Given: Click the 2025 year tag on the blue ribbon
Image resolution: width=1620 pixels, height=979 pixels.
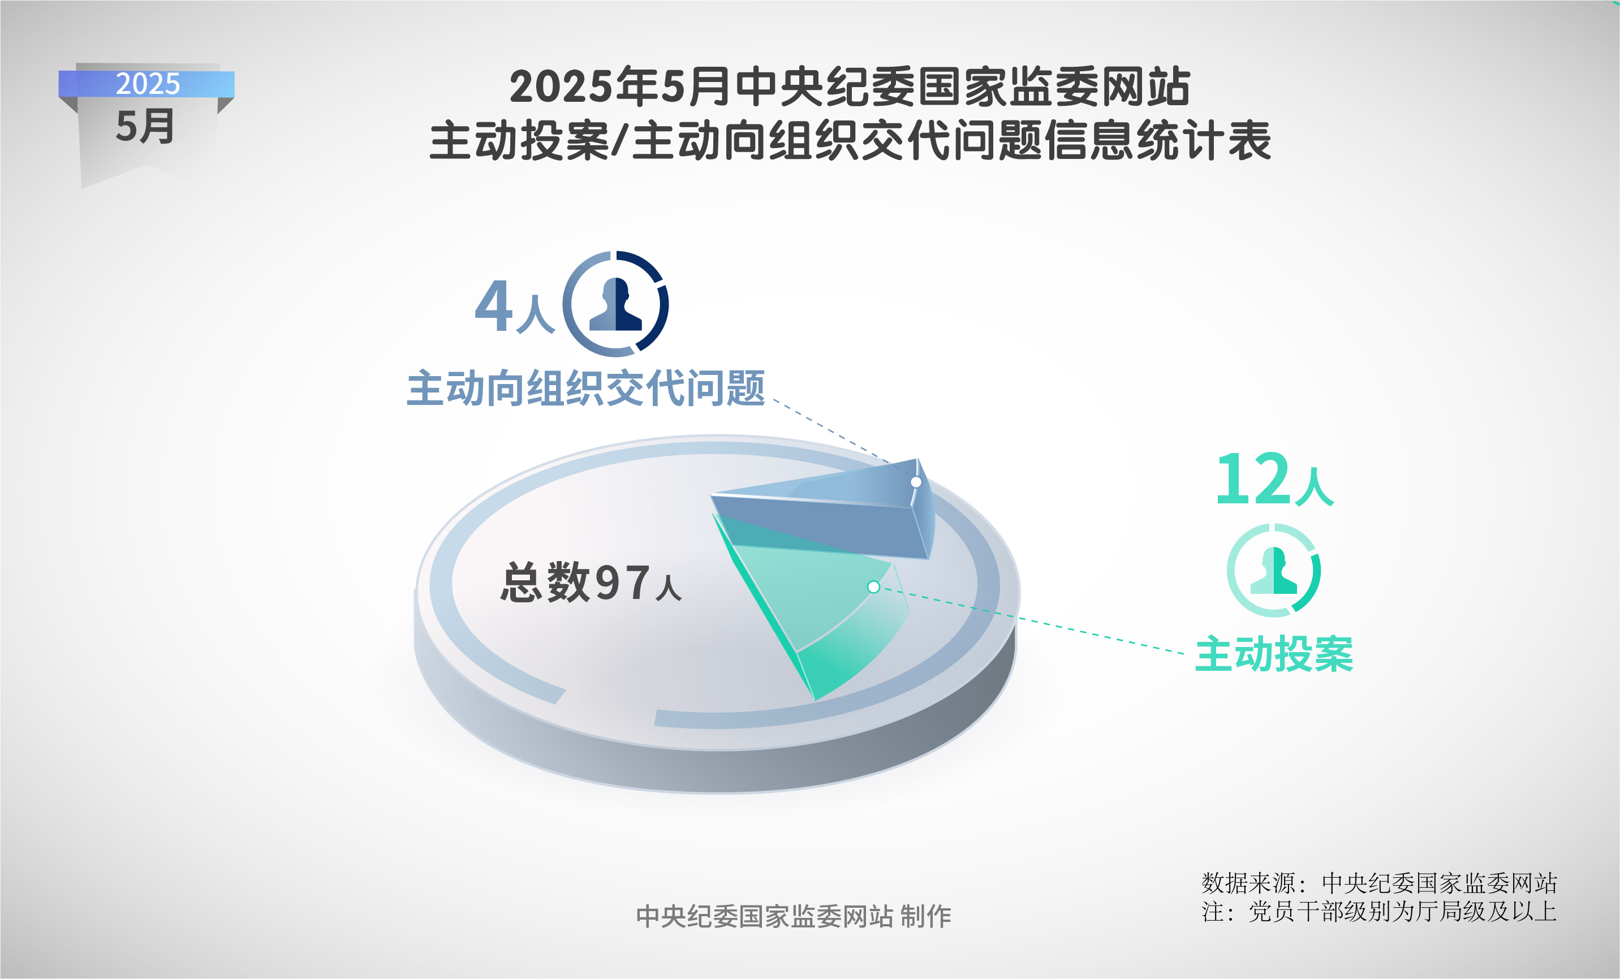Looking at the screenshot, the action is pyautogui.click(x=148, y=84).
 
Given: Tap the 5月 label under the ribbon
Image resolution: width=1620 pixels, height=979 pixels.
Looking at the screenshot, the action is pyautogui.click(x=145, y=126).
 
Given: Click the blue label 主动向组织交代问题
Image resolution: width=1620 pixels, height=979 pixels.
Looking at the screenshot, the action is pyautogui.click(x=586, y=388).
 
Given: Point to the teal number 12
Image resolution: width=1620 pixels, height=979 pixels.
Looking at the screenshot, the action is pyautogui.click(x=1252, y=478).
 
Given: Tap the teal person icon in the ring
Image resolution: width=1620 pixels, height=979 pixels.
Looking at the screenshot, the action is pyautogui.click(x=1273, y=570).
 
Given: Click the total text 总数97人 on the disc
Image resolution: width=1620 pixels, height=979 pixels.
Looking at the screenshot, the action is pyautogui.click(x=591, y=582).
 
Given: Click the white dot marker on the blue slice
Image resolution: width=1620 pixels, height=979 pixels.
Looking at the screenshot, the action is pyautogui.click(x=916, y=482).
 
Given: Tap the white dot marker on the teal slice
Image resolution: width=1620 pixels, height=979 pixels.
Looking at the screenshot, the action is pyautogui.click(x=874, y=587).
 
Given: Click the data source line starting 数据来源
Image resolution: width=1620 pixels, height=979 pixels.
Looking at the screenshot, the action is pyautogui.click(x=1378, y=883).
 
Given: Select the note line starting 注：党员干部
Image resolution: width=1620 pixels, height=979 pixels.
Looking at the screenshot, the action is pyautogui.click(x=1378, y=911).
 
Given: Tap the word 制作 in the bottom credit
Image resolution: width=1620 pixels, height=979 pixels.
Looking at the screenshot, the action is pyautogui.click(x=926, y=916).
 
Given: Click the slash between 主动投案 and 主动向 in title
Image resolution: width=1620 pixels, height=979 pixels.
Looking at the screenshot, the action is pyautogui.click(x=618, y=141).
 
